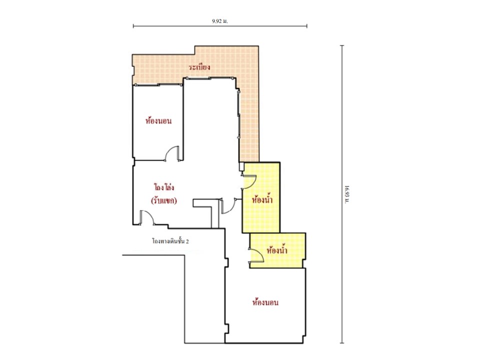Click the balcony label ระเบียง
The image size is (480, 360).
coord(199,67)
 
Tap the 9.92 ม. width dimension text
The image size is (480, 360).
coord(220,21)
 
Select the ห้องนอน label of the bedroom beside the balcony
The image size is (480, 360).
coord(158,121)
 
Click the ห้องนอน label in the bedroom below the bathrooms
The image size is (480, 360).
coord(265,302)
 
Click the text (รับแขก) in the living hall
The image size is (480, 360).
coord(164,201)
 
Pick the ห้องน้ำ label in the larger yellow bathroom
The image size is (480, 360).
coord(262,200)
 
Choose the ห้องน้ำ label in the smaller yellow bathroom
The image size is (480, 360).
coord(277,250)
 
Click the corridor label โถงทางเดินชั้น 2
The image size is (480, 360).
coord(170,241)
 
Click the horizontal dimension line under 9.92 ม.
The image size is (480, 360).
coord(220,26)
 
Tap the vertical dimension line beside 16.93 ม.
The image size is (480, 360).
coord(342,194)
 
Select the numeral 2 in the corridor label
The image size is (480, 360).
coord(187,241)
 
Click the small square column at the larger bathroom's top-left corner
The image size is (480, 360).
coord(241,166)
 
